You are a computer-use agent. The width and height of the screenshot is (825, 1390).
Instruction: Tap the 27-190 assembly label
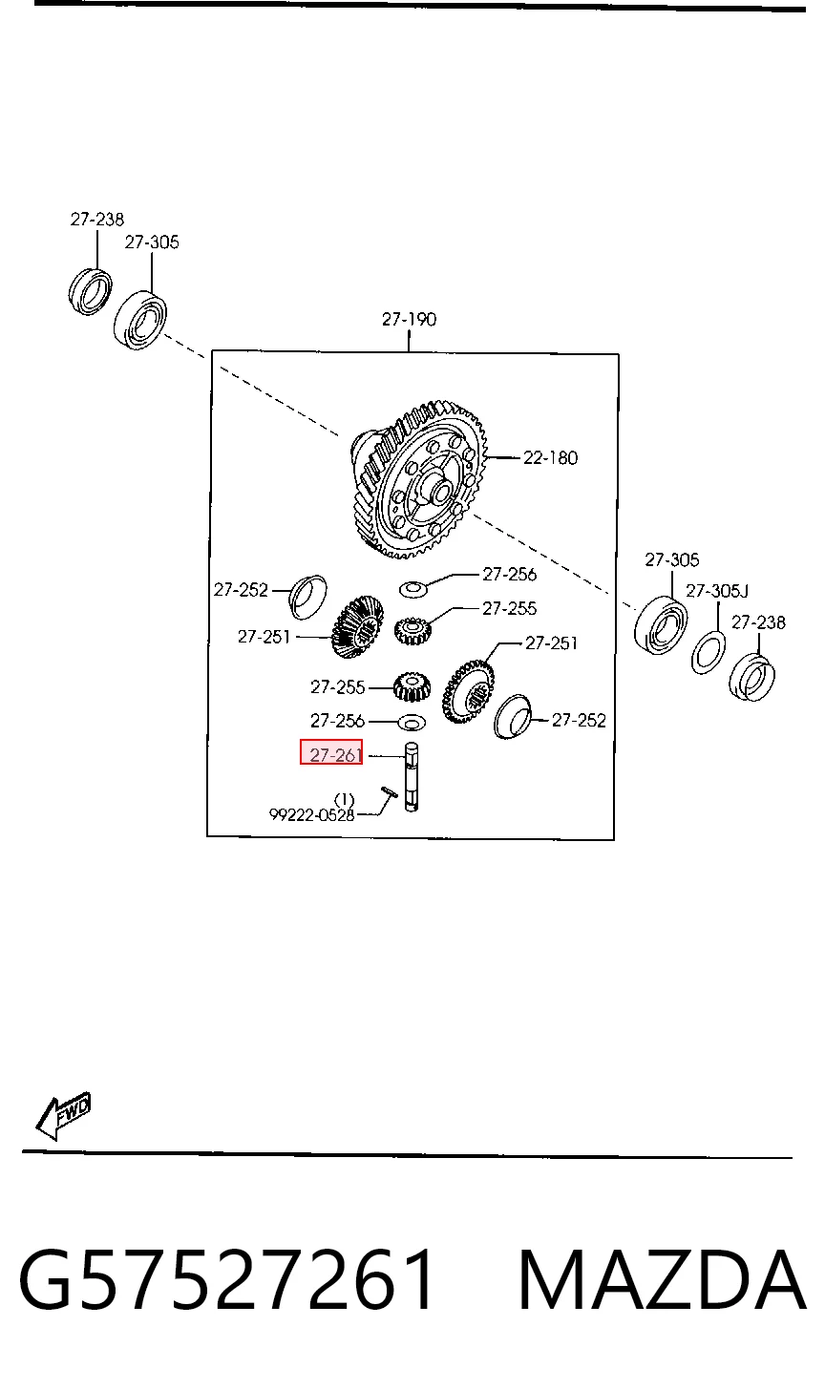tap(409, 320)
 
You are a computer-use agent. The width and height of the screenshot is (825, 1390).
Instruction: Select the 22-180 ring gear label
tap(551, 458)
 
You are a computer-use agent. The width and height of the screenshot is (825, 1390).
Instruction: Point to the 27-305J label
tap(717, 591)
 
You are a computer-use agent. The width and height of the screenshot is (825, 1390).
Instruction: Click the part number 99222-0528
tap(311, 814)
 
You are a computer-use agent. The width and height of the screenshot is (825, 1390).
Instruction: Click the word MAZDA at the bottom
tap(662, 1281)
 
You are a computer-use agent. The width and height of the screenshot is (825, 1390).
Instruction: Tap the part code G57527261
tap(226, 1281)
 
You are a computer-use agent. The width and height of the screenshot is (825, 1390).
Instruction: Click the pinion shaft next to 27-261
tap(412, 777)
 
